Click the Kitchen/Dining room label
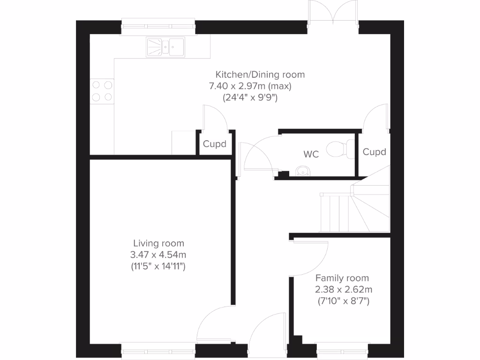pyautogui.click(x=260, y=74)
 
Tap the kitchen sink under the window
pyautogui.click(x=166, y=46)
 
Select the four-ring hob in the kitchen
pyautogui.click(x=102, y=91)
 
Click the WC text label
pyautogui.click(x=311, y=154)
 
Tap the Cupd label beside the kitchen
pyautogui.click(x=214, y=144)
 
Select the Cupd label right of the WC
pyautogui.click(x=374, y=152)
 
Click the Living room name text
pyautogui.click(x=158, y=243)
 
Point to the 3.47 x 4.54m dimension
pyautogui.click(x=158, y=255)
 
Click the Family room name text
pyautogui.click(x=342, y=278)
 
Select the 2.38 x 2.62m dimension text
pyautogui.click(x=344, y=289)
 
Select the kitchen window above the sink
pyautogui.click(x=158, y=27)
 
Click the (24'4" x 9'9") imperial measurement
pyautogui.click(x=250, y=98)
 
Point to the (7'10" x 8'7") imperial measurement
pyautogui.click(x=344, y=301)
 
